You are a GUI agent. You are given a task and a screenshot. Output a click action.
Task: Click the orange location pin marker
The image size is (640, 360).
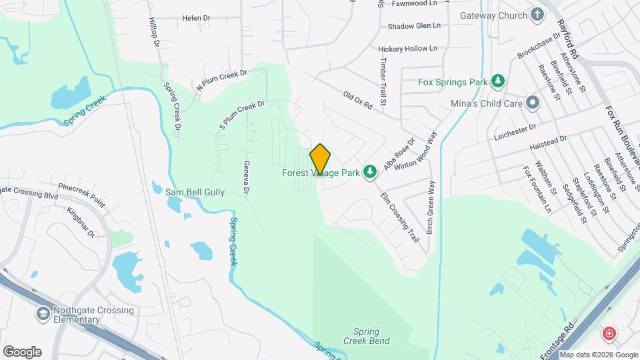320,159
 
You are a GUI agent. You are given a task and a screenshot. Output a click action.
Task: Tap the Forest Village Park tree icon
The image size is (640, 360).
371,173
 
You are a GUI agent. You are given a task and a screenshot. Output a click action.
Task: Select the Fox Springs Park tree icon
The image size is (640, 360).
497,82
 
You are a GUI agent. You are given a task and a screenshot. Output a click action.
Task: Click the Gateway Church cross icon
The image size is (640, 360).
537,15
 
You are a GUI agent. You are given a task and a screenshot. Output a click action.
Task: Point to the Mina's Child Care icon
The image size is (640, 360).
532,103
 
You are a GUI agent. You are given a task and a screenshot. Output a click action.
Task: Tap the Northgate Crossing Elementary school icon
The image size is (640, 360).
43,313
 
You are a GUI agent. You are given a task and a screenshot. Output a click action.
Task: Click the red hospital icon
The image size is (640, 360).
609,333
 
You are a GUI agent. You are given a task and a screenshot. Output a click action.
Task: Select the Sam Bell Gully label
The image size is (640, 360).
195,192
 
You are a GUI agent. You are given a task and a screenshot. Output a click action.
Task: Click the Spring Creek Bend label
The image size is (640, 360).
361,336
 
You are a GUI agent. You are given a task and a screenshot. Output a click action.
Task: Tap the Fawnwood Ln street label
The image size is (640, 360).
417,3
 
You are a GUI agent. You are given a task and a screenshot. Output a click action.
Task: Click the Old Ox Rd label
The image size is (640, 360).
357,101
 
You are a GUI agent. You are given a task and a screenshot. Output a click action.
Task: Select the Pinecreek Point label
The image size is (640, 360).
82,193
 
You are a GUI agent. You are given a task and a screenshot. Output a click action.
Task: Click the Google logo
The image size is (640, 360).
22,351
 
